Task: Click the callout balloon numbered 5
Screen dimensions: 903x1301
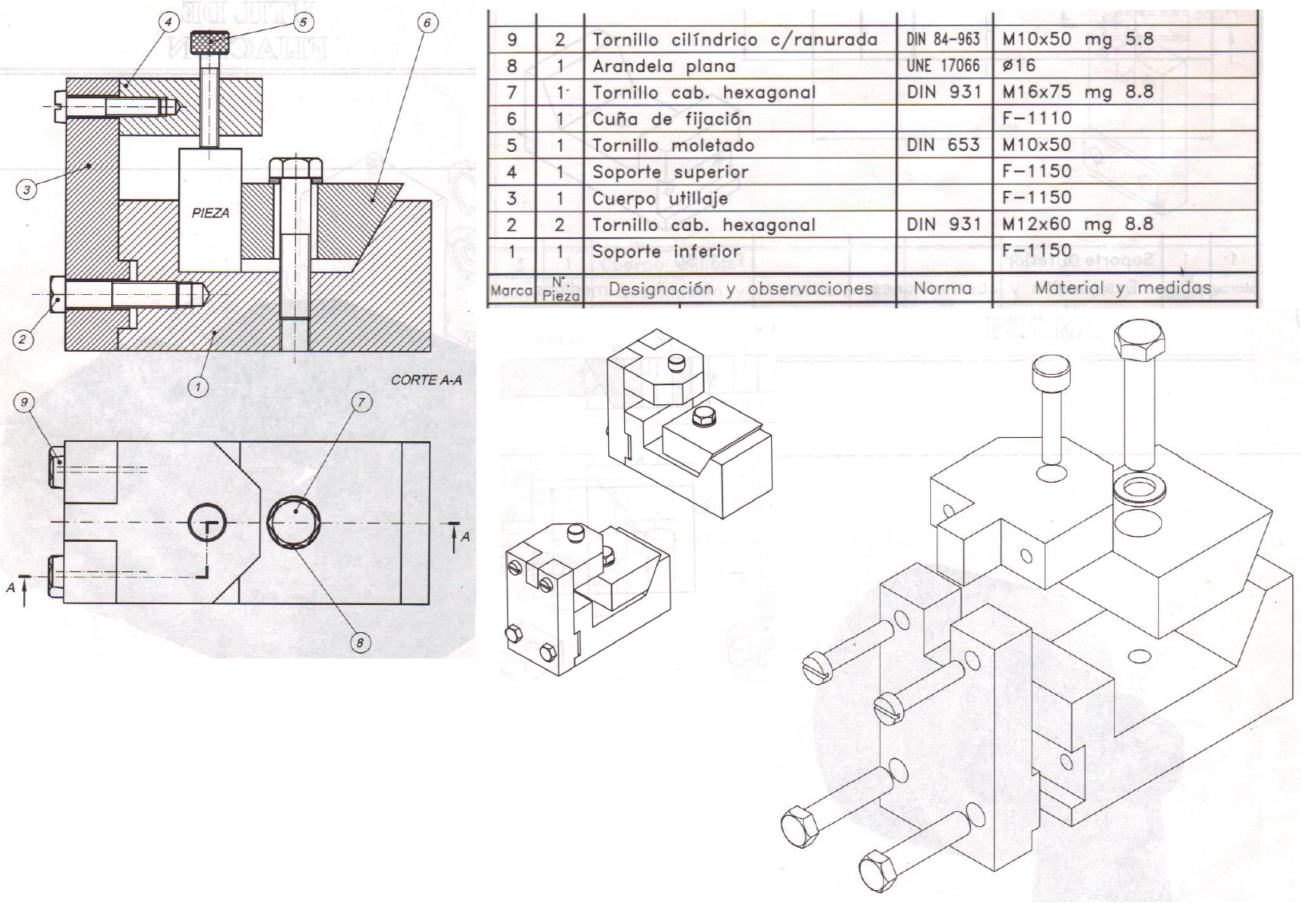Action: click(x=303, y=22)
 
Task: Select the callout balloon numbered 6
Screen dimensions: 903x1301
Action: click(x=428, y=22)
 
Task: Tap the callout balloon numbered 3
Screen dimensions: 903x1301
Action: click(x=27, y=189)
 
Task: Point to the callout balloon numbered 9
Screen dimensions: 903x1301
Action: click(x=25, y=402)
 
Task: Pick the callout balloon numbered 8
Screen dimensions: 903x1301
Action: click(x=361, y=642)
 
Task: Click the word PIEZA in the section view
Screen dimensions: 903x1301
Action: click(x=210, y=213)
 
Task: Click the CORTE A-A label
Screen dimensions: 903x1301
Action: click(x=426, y=380)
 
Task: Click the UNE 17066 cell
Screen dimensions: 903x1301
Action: click(x=943, y=66)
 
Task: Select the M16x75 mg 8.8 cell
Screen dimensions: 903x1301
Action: click(x=1077, y=92)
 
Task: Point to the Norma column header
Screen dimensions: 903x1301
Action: click(x=943, y=288)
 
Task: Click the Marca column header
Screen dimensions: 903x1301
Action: click(x=511, y=290)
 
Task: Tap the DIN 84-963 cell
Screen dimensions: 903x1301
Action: click(x=943, y=39)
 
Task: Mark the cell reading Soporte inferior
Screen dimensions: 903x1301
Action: click(x=666, y=252)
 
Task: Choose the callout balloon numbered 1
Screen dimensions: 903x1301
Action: click(x=198, y=388)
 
